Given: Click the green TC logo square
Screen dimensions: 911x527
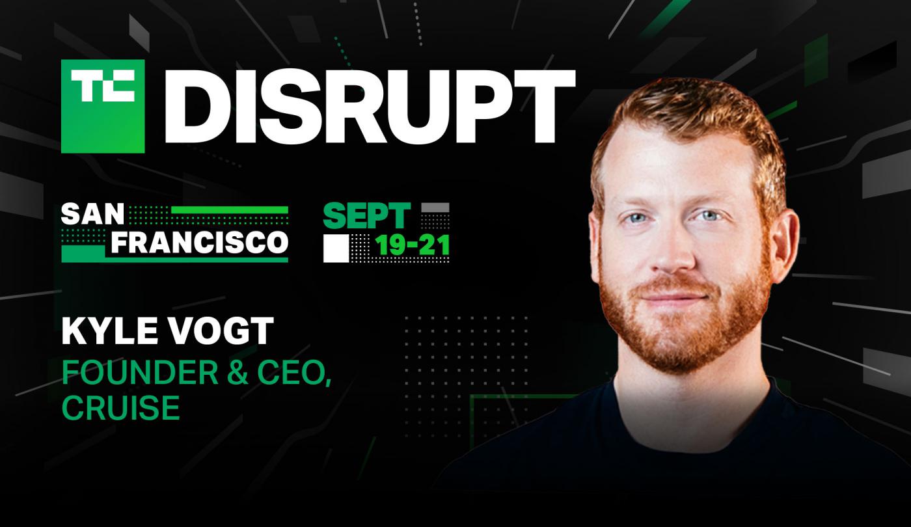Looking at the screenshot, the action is pyautogui.click(x=103, y=107).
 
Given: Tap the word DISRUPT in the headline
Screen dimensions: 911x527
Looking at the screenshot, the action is pyautogui.click(x=371, y=107).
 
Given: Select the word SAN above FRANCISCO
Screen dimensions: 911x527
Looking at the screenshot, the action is pyautogui.click(x=92, y=214).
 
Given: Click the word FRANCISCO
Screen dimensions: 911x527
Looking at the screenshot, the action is pyautogui.click(x=200, y=243).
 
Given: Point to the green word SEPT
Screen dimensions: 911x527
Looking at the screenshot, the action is pyautogui.click(x=366, y=215).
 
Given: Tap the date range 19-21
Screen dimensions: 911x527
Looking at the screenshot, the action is pyautogui.click(x=412, y=245).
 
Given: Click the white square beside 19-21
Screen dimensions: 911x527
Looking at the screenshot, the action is pyautogui.click(x=336, y=249).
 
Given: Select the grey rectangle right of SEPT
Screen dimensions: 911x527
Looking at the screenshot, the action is pyautogui.click(x=435, y=208).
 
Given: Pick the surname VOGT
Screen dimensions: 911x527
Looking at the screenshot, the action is pyautogui.click(x=220, y=331).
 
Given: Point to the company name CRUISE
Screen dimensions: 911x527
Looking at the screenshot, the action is pyautogui.click(x=121, y=407).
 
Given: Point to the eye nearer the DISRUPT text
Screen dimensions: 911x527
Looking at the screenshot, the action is pyautogui.click(x=634, y=218).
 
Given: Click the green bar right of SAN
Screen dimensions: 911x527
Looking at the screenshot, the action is pyautogui.click(x=230, y=210).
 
